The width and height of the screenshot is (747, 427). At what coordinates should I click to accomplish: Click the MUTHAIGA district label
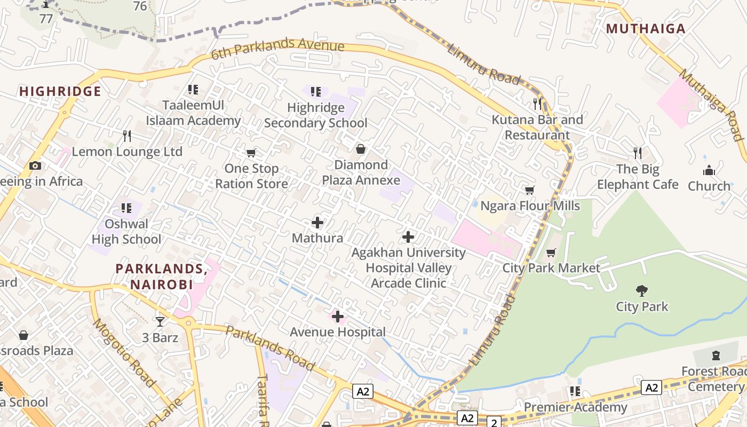click(x=646, y=29)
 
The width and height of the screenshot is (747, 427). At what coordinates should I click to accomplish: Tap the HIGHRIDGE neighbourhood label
click(x=60, y=91)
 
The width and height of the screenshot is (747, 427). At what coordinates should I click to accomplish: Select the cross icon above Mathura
click(x=317, y=223)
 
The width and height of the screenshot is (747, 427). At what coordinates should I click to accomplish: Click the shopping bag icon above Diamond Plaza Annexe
click(x=361, y=149)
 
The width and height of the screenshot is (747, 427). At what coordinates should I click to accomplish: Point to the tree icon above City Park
click(x=642, y=291)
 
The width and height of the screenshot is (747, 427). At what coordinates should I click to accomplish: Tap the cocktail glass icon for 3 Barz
click(x=160, y=321)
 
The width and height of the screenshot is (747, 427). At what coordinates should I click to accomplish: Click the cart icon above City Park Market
click(x=551, y=252)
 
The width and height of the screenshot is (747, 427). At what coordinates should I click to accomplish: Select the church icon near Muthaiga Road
click(x=709, y=171)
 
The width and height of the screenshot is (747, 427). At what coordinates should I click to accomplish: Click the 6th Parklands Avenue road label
click(x=277, y=49)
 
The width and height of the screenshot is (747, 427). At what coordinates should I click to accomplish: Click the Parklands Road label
click(x=269, y=347)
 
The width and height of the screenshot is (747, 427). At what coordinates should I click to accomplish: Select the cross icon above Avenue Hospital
click(x=338, y=317)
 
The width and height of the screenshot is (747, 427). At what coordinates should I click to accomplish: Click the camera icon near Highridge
click(x=35, y=166)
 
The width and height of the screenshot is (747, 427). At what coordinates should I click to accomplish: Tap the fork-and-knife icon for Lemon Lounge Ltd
click(x=127, y=136)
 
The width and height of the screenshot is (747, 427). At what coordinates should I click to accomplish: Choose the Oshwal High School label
click(x=126, y=231)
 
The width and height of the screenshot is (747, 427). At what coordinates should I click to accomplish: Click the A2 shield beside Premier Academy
click(x=651, y=388)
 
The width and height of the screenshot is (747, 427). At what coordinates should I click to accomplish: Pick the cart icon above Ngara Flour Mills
click(x=530, y=191)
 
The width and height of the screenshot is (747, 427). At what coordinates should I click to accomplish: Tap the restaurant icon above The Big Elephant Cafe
click(x=638, y=153)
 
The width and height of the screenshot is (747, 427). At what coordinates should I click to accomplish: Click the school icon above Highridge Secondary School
click(x=315, y=92)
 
